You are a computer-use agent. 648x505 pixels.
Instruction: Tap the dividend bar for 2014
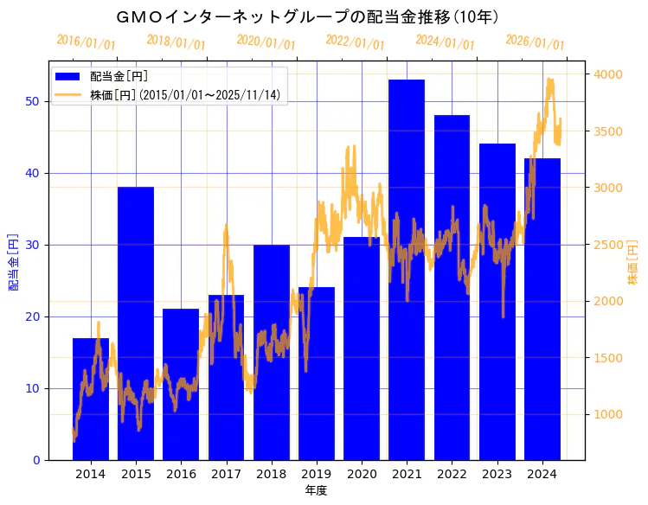click(x=91, y=399)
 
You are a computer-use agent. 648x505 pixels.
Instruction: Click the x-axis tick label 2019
click(x=317, y=474)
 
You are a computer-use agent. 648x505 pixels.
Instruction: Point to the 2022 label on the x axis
click(x=452, y=474)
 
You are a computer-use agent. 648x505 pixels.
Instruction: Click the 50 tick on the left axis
click(x=31, y=101)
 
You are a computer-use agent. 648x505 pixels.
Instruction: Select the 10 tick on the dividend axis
click(x=31, y=388)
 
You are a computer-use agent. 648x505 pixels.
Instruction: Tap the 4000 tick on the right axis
click(x=606, y=74)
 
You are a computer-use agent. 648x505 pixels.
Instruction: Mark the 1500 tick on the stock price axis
click(x=606, y=358)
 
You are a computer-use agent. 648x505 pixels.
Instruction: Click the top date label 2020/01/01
click(x=266, y=42)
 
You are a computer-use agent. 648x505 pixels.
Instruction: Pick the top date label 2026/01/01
click(x=535, y=42)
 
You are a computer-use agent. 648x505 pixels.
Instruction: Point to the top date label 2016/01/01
click(x=86, y=42)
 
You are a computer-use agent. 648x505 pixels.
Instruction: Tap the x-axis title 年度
click(x=316, y=491)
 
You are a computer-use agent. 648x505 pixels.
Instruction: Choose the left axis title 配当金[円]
click(x=13, y=261)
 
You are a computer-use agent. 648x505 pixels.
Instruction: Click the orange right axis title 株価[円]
click(x=632, y=264)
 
